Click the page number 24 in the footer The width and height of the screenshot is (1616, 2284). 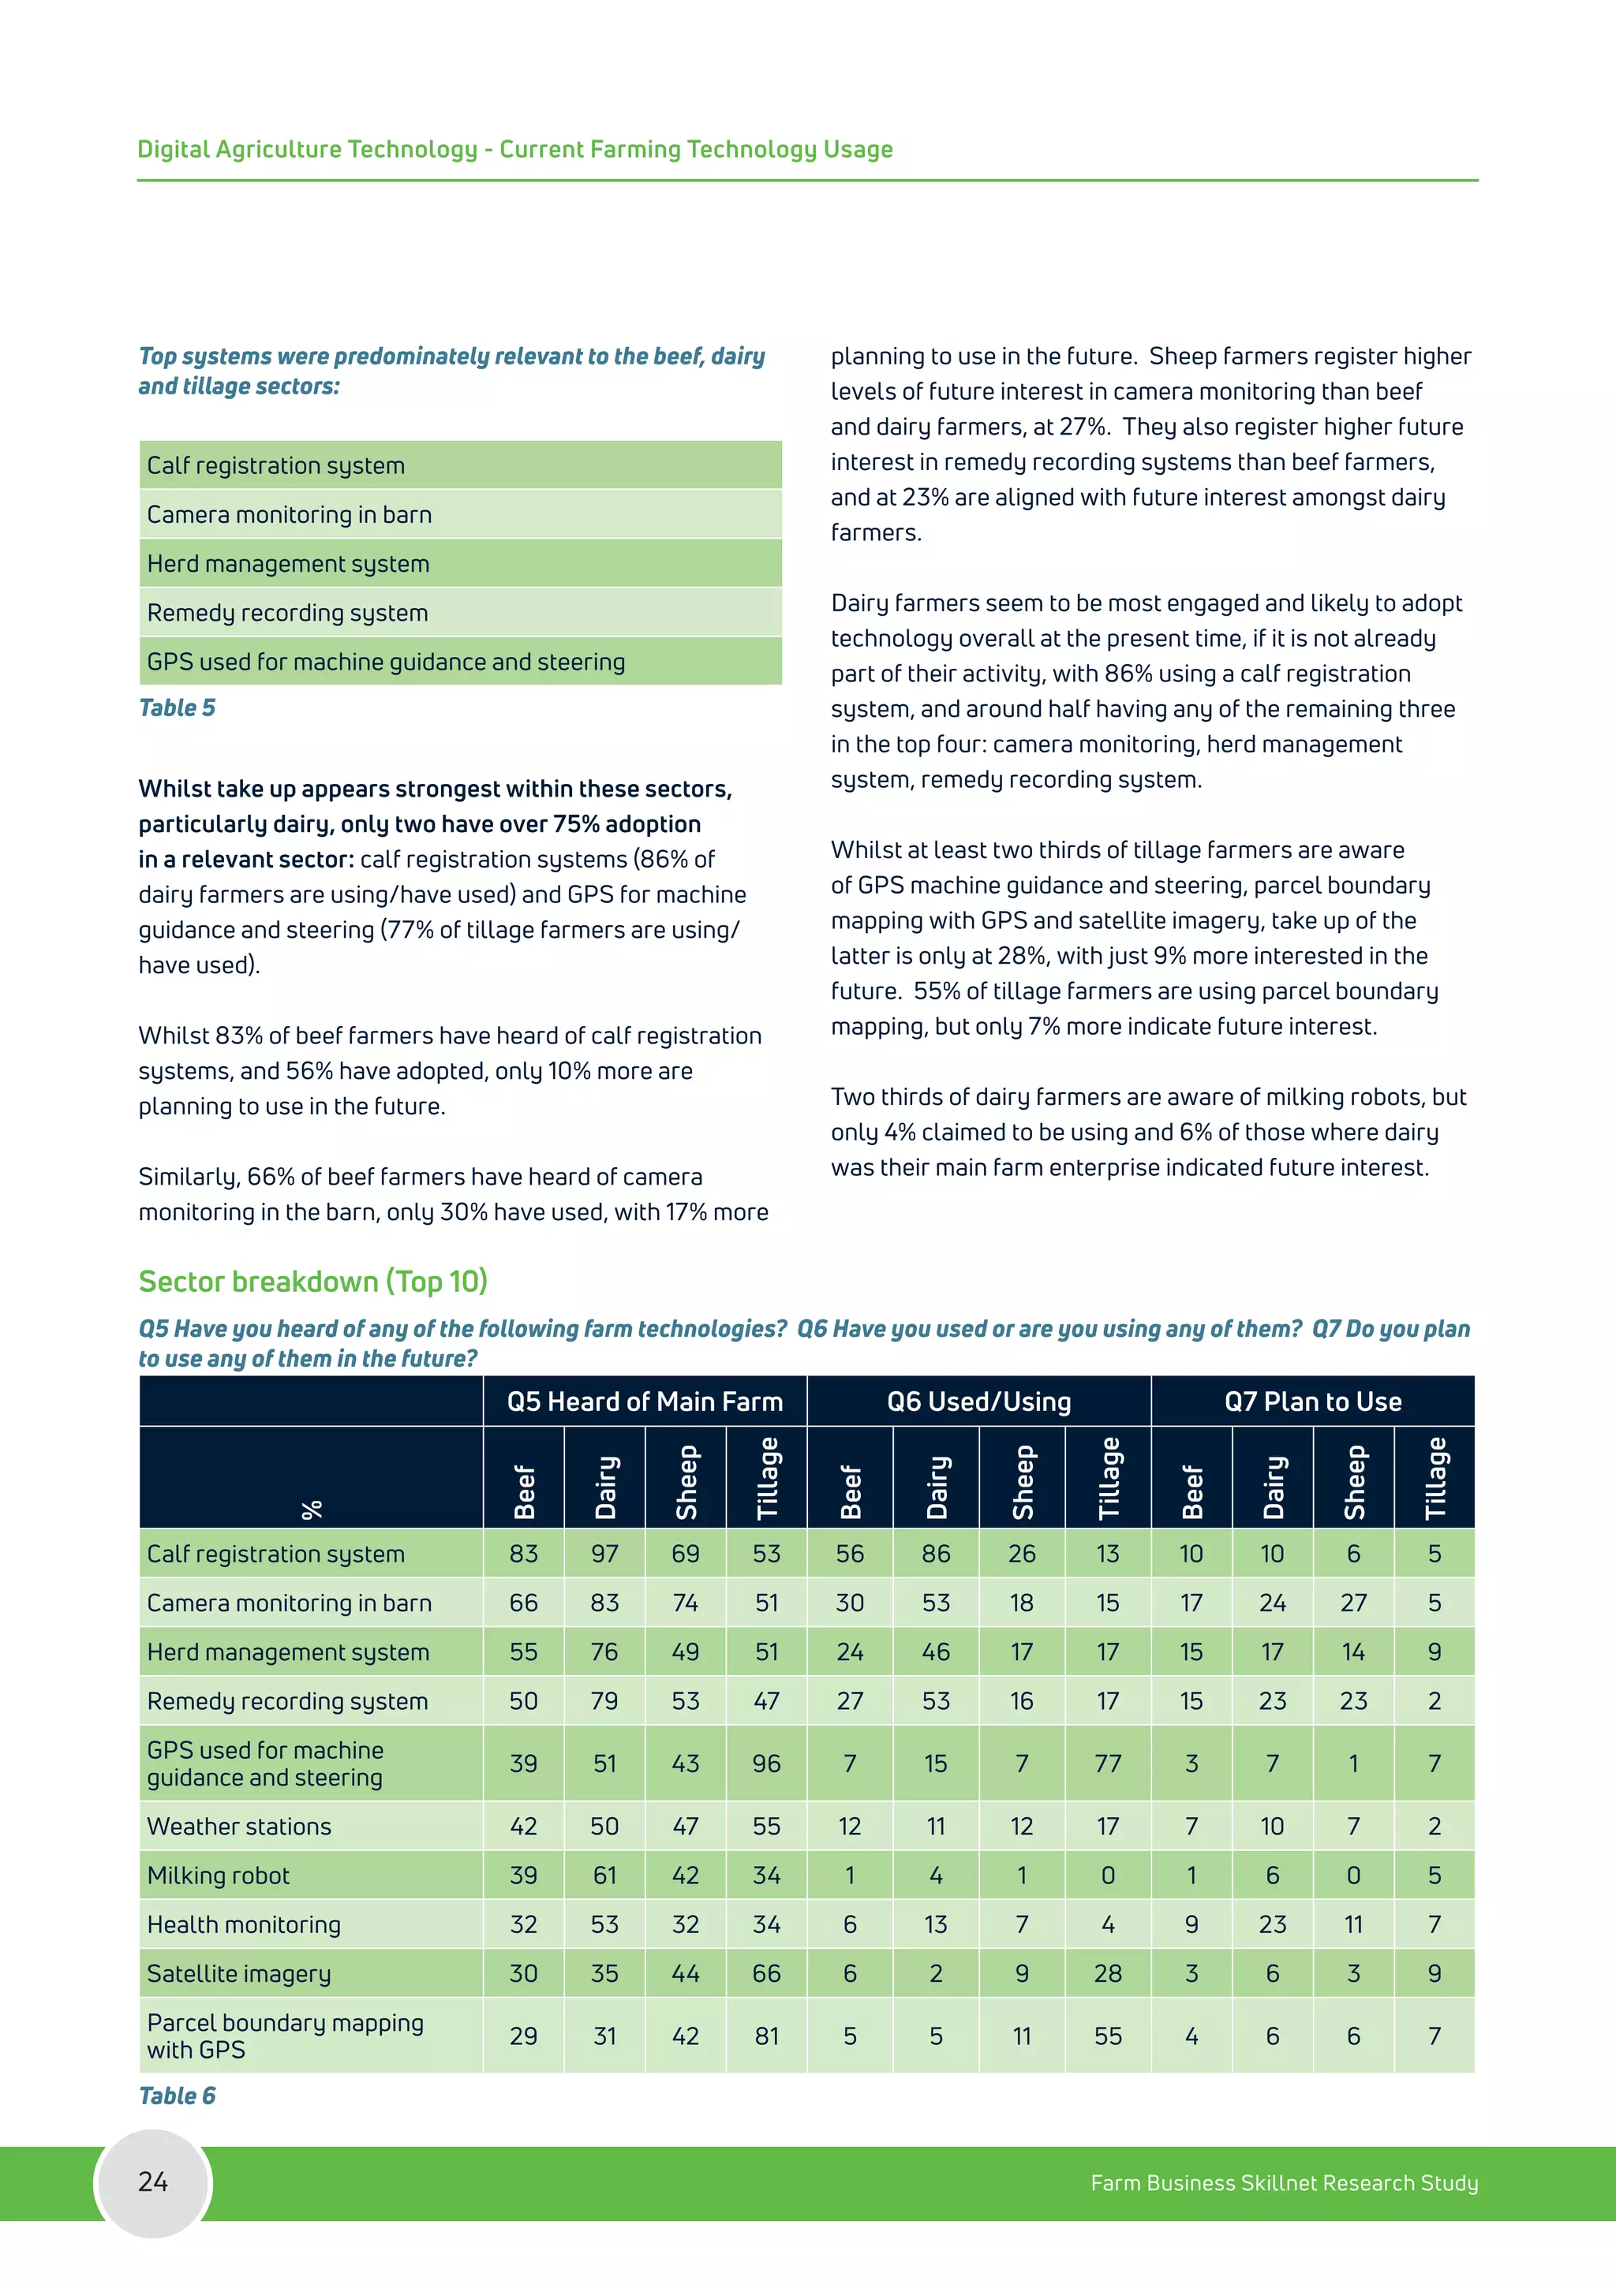(x=152, y=2181)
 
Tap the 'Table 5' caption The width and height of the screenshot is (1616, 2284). (x=176, y=707)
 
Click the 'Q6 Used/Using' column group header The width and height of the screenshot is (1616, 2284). (x=978, y=1401)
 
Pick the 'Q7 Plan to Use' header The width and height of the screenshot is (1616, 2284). (x=1311, y=1401)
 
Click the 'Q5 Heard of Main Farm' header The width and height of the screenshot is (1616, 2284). (x=644, y=1401)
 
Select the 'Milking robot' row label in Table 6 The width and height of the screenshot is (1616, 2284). (x=218, y=1875)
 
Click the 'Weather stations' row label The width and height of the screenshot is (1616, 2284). (x=239, y=1826)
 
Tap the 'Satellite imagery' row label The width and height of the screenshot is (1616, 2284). (x=239, y=1972)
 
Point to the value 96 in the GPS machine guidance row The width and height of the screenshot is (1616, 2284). (x=766, y=1763)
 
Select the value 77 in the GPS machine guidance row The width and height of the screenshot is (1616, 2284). (x=1108, y=1763)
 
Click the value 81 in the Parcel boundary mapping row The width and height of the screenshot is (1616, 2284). (x=766, y=2036)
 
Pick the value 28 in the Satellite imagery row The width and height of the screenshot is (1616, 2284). (x=1108, y=1972)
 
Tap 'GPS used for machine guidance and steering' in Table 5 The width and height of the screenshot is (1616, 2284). (x=386, y=662)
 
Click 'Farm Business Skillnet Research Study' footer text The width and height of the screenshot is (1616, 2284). (x=1284, y=2182)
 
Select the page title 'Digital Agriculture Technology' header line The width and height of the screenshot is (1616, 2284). (x=514, y=149)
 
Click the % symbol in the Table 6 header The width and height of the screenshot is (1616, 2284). (x=312, y=1509)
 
